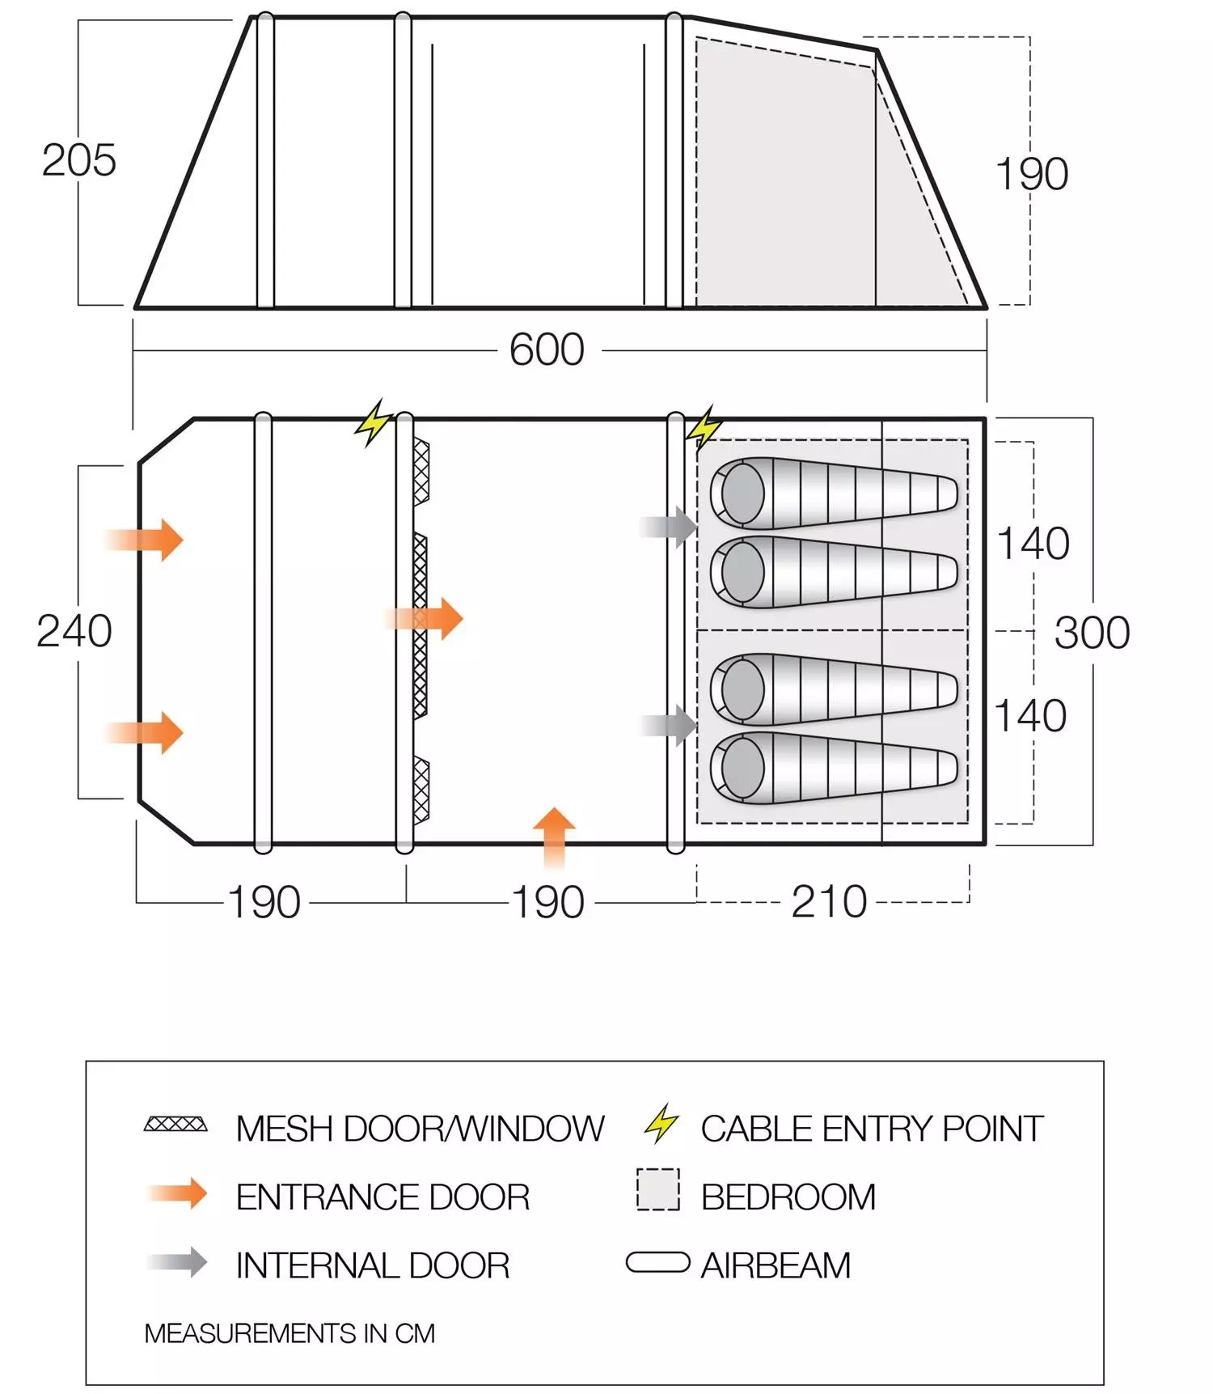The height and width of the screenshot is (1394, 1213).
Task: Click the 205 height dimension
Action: [79, 160]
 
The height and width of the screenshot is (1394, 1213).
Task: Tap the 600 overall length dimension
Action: [547, 350]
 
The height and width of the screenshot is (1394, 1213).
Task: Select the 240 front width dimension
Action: [74, 631]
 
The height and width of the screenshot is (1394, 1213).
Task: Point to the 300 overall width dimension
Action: [1092, 633]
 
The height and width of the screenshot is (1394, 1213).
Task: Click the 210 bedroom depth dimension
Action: [829, 902]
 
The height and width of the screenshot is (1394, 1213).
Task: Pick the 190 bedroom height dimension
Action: [1032, 174]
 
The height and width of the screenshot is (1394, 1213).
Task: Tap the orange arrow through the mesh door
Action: [425, 619]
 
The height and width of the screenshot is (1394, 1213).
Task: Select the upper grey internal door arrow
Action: [668, 527]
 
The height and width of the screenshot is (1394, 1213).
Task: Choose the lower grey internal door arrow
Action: [669, 725]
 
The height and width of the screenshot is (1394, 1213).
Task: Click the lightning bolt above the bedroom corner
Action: [704, 426]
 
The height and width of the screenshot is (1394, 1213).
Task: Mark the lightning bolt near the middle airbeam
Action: [374, 422]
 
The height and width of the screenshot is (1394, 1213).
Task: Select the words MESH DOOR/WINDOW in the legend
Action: [420, 1129]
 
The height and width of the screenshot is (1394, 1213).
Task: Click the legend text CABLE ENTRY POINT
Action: [872, 1129]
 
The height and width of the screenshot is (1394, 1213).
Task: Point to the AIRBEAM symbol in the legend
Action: [658, 1262]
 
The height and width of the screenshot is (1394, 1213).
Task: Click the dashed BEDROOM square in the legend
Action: [658, 1189]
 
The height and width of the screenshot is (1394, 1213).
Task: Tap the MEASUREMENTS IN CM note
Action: [290, 1333]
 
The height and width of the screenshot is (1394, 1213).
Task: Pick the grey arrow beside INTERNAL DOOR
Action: [178, 1262]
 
